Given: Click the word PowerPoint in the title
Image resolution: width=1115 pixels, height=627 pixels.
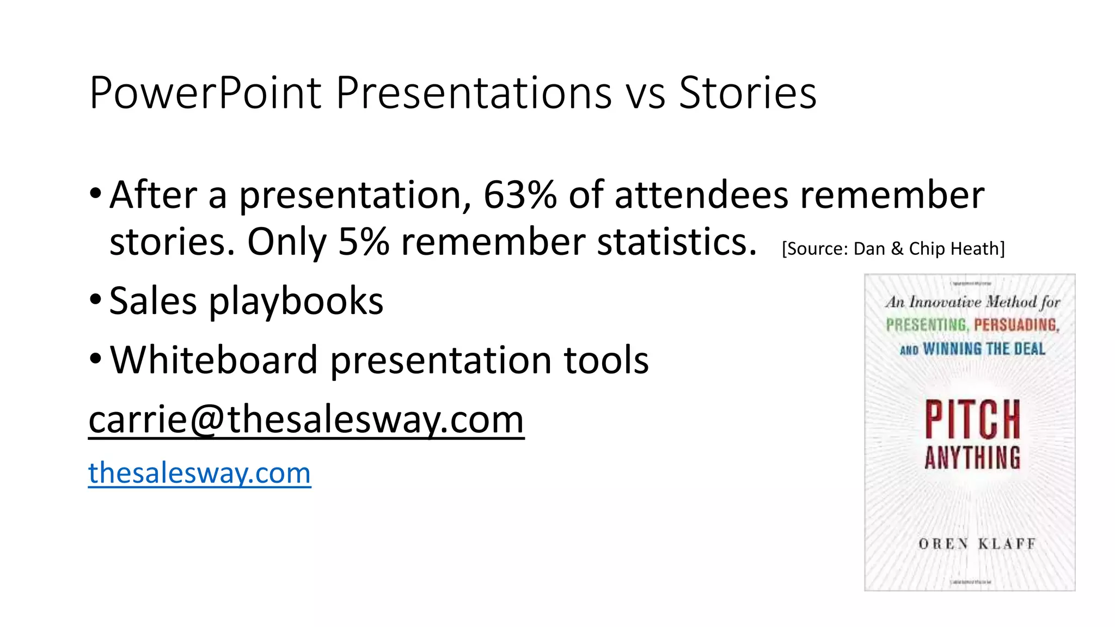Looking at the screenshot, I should point(205,93).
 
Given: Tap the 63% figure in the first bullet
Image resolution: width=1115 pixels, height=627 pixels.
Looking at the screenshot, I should point(520,195).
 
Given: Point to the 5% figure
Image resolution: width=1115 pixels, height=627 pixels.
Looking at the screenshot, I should point(363,242).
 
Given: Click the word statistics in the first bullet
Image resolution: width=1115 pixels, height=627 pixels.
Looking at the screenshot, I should point(677,242).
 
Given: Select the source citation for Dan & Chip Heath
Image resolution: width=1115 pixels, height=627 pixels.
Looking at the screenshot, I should point(893,249).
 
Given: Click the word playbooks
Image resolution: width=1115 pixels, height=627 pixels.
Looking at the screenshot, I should point(296,301).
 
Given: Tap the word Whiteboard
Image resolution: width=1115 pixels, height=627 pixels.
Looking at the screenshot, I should point(213,360).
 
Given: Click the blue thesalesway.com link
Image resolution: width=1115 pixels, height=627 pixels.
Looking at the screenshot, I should point(199,472).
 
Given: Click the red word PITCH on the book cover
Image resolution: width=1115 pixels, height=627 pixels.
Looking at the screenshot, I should point(972,419).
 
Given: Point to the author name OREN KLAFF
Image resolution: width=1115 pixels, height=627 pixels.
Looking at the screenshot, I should point(977,544).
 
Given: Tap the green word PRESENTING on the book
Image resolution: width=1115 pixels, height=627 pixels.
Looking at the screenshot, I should point(926,325).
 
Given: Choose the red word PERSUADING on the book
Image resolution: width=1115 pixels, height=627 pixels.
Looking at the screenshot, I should point(1016,325).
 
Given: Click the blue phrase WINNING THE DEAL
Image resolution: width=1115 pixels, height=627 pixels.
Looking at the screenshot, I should point(984,349).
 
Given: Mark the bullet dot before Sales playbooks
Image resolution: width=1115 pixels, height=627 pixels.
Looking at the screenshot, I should point(95,299).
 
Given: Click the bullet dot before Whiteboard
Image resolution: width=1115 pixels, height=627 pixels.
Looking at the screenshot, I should point(95,359).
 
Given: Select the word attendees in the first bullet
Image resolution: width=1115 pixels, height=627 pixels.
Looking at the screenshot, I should point(701,195).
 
